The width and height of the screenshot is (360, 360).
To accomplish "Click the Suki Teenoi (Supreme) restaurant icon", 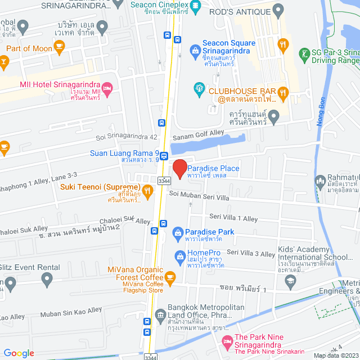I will point(147,191).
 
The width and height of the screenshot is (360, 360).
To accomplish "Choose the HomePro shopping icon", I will point(181,257).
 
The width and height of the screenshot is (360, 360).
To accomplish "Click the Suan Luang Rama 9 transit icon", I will point(164,156).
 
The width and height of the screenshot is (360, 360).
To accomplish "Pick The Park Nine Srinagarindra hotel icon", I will point(227,341).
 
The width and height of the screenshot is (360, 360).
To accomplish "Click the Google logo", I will point(19,353).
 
